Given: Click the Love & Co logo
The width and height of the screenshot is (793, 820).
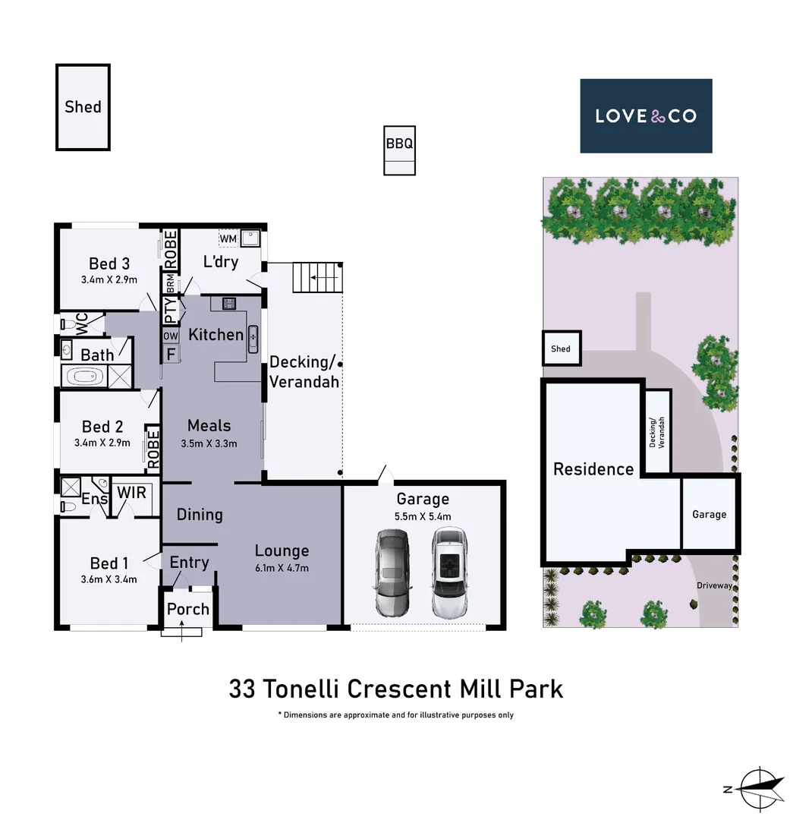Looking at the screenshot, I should [x=646, y=116].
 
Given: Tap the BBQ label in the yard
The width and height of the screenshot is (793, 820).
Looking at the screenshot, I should [x=399, y=143].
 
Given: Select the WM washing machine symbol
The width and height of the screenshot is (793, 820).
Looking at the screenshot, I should [x=228, y=239].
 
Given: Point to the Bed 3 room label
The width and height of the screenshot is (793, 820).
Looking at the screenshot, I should [x=109, y=263].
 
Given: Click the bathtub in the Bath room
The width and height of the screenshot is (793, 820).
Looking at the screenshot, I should [x=84, y=377].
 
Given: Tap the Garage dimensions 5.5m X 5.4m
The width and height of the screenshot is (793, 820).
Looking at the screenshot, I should [x=423, y=517].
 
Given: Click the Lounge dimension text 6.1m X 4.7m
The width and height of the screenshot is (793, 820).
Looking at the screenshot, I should [x=282, y=567].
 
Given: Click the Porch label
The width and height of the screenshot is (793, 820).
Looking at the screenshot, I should [x=187, y=609].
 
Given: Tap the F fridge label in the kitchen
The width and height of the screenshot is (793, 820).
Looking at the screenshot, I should [x=171, y=354].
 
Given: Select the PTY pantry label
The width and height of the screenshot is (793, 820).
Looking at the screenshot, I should [x=171, y=309].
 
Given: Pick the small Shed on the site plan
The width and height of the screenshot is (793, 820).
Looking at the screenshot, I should [x=562, y=348].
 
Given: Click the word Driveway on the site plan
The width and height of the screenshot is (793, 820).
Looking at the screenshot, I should [x=715, y=585].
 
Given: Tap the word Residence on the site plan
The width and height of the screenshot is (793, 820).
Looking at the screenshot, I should [x=593, y=469].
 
